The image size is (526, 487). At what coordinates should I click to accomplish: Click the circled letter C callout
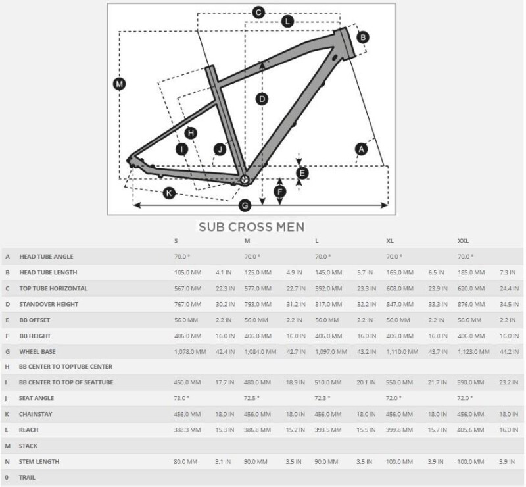[x=258, y=12]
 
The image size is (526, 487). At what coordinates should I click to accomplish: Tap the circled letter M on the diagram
[x=119, y=84]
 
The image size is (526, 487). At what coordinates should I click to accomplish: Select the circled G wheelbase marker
[x=245, y=205]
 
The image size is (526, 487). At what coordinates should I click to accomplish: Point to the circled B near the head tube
[x=362, y=38]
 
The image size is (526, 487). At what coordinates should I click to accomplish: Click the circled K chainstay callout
[x=169, y=193]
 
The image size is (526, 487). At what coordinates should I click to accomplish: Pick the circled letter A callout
[x=360, y=149]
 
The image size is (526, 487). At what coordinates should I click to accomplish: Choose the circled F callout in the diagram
[x=280, y=192]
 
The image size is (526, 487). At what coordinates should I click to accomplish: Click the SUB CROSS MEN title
[x=251, y=227]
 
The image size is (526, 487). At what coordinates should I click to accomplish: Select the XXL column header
[x=464, y=242]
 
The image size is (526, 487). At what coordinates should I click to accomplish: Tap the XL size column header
[x=390, y=242]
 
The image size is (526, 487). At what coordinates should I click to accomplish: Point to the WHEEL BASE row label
[x=37, y=351]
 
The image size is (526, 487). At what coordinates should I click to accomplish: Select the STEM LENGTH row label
[x=39, y=462]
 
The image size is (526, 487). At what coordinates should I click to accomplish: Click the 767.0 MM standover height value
[x=186, y=304]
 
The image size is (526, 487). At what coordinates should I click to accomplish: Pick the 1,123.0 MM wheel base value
[x=473, y=351]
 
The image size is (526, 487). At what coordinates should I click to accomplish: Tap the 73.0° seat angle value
[x=181, y=399]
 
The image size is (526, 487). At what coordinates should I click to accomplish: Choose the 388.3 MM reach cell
[x=186, y=430]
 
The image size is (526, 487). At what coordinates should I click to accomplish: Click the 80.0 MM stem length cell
[x=185, y=462]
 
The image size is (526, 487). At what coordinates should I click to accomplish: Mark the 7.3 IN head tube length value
[x=508, y=272]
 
